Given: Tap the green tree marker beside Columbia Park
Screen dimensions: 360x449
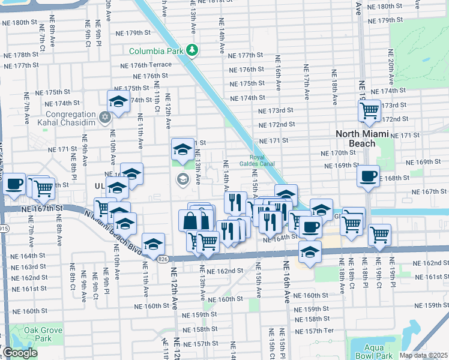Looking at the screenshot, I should point(192,50).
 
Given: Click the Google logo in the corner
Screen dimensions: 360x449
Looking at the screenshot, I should point(20,353).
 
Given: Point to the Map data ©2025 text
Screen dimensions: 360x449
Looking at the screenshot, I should point(424,355).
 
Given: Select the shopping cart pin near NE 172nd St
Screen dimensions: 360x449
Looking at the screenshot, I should point(370,110).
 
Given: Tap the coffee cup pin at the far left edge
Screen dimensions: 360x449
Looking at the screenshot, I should point(13,184).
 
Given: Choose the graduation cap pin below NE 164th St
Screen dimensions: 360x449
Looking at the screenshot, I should point(310,252).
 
